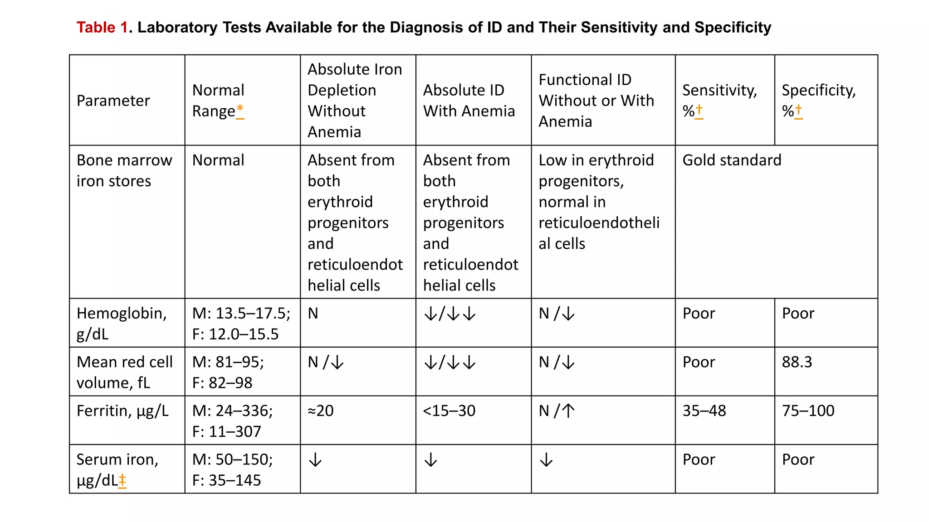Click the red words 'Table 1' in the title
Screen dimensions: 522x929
(102, 28)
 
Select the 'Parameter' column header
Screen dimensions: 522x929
(113, 101)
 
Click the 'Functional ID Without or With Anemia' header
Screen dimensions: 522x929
(596, 101)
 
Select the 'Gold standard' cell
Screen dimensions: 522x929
(732, 160)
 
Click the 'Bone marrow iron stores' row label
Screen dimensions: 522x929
(124, 170)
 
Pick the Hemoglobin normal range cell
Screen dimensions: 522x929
(241, 324)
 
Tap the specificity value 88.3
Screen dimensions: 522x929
(797, 362)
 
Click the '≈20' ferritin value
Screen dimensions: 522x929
(321, 411)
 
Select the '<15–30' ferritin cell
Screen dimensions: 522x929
(449, 411)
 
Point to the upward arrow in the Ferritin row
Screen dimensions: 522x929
(568, 411)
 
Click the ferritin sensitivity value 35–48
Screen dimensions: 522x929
(704, 411)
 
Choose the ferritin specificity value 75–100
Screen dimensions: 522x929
(808, 411)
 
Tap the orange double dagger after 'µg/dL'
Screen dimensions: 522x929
(122, 480)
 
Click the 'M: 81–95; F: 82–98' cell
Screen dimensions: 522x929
(228, 372)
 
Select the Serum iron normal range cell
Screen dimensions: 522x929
(232, 469)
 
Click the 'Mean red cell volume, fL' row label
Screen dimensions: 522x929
(124, 372)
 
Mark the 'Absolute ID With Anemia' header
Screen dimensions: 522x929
(469, 101)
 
